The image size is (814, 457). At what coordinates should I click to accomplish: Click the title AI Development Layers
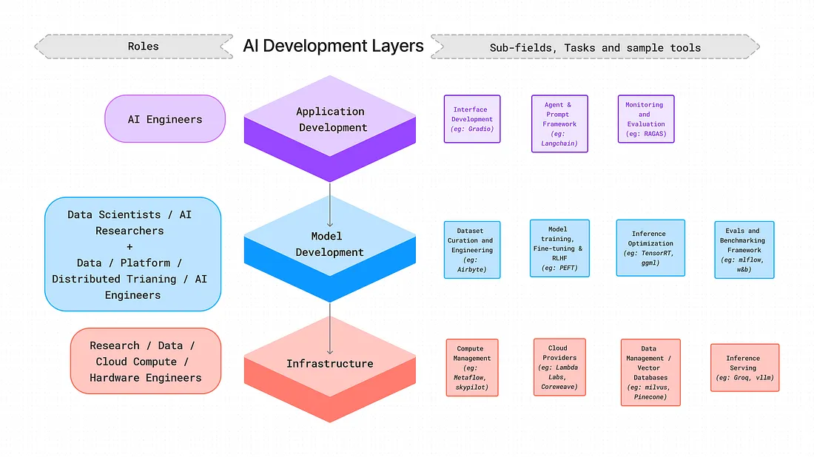pyautogui.click(x=333, y=46)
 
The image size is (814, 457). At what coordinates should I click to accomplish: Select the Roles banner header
pyautogui.click(x=143, y=46)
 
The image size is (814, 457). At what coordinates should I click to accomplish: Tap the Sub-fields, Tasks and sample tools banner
pyautogui.click(x=595, y=47)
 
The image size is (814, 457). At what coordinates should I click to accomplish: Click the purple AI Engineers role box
pyautogui.click(x=165, y=118)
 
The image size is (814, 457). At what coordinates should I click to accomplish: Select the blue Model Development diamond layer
pyautogui.click(x=330, y=244)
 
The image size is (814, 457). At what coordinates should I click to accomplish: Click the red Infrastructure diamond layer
pyautogui.click(x=330, y=364)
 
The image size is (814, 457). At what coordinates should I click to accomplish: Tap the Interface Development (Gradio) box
pyautogui.click(x=472, y=119)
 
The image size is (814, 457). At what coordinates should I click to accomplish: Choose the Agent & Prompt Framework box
pyautogui.click(x=559, y=123)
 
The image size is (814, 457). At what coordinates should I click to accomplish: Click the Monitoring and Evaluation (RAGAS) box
pyautogui.click(x=645, y=119)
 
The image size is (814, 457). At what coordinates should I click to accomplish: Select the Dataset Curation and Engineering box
pyautogui.click(x=472, y=250)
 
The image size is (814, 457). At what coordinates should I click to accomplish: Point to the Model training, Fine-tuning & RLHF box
pyautogui.click(x=559, y=248)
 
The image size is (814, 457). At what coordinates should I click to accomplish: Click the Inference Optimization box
pyautogui.click(x=650, y=248)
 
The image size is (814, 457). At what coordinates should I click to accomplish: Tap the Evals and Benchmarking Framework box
pyautogui.click(x=744, y=250)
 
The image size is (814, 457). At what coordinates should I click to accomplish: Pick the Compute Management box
pyautogui.click(x=472, y=368)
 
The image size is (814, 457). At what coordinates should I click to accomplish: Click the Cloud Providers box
pyautogui.click(x=559, y=367)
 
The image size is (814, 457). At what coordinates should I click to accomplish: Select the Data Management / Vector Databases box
pyautogui.click(x=650, y=372)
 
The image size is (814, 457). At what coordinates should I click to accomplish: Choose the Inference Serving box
pyautogui.click(x=744, y=368)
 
